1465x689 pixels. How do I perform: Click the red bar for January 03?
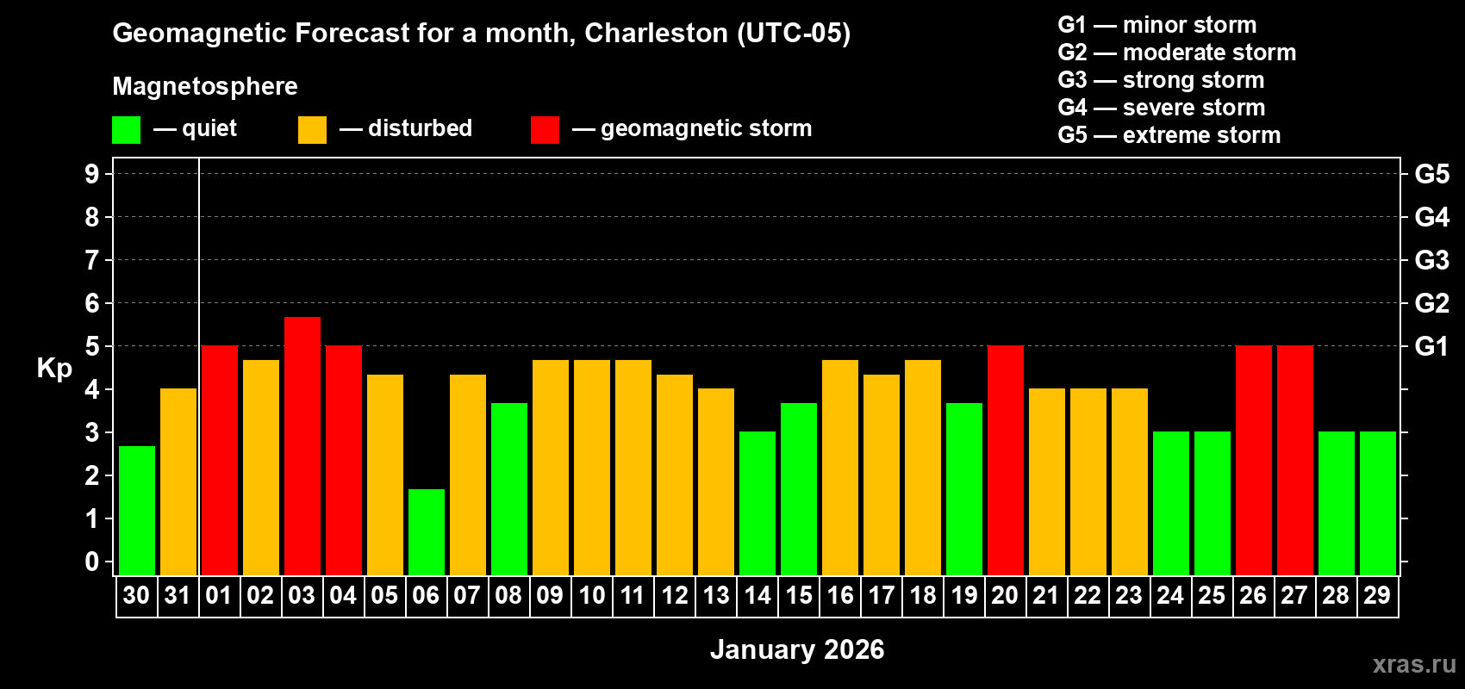(x=302, y=445)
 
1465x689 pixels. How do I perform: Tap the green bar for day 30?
(x=137, y=510)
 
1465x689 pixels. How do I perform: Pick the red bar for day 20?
(x=1006, y=460)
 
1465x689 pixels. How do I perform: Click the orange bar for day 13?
(x=716, y=481)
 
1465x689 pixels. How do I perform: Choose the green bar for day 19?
(x=964, y=488)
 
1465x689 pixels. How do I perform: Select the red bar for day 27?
(x=1295, y=460)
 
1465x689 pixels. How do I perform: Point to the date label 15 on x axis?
(x=799, y=595)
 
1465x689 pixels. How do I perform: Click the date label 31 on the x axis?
(x=178, y=595)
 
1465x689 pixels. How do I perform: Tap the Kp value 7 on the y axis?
(x=92, y=260)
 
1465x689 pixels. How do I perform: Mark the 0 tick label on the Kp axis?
(x=92, y=562)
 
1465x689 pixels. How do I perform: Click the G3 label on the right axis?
(x=1431, y=260)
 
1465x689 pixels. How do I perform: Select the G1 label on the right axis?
(x=1431, y=346)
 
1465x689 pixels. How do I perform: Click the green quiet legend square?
(x=127, y=130)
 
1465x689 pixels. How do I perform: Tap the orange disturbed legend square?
(x=312, y=130)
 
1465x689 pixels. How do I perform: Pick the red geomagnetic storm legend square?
(x=545, y=130)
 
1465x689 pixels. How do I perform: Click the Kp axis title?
(x=54, y=369)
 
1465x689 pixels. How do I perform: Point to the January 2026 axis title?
(x=797, y=649)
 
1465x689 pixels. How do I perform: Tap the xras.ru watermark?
(x=1414, y=664)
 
